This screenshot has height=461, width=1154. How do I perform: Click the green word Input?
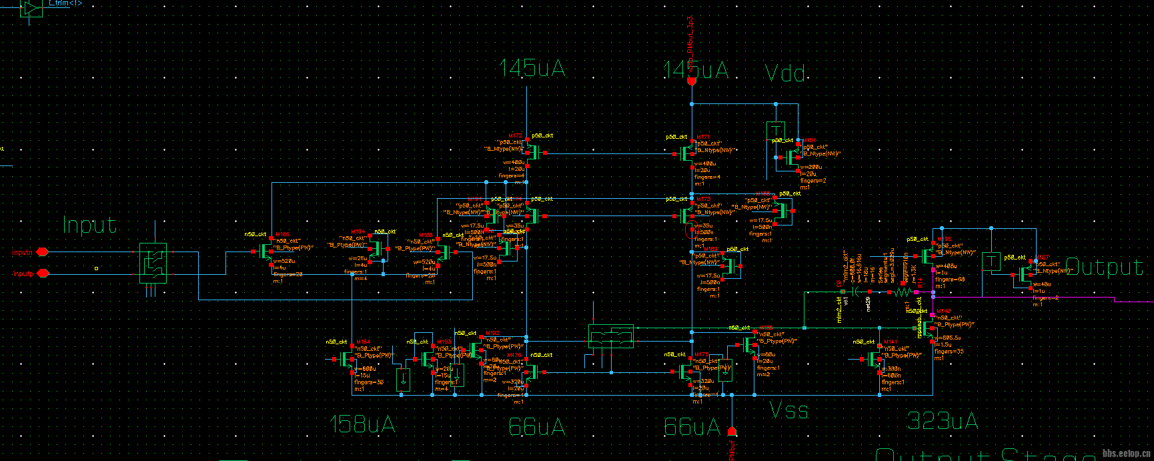point(89,225)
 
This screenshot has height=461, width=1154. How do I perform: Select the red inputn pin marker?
point(42,252)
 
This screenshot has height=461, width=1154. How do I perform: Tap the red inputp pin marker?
point(43,274)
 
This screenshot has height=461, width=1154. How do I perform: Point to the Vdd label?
point(784,73)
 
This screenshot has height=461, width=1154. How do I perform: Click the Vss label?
point(788,410)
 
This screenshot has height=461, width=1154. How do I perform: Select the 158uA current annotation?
point(363,424)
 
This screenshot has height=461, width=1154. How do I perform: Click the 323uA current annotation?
point(942,421)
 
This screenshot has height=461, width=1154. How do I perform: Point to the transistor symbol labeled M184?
point(347,360)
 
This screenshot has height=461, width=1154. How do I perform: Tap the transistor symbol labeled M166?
point(266,252)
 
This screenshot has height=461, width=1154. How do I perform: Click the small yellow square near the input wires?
point(96,269)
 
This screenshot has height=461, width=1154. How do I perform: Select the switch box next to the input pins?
point(153,263)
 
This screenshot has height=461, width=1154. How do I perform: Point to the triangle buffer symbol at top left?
point(31,8)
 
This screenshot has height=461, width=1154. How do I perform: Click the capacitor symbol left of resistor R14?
point(854,292)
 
